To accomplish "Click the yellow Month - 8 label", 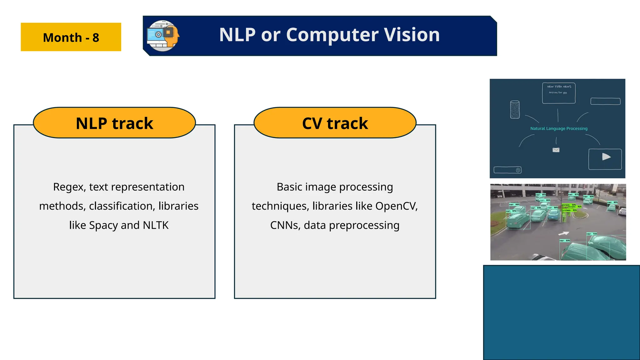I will coord(71,37).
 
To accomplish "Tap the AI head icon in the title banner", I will coord(163,36).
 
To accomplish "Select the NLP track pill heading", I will coord(114,123).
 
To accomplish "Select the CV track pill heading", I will coord(335,123).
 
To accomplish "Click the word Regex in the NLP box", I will coord(69,187).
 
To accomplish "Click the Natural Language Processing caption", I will coord(559,128).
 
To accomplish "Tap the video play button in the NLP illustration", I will coord(606,157).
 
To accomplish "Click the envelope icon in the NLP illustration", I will coord(556,150).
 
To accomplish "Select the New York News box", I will coord(559,93).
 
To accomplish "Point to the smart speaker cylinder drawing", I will coord(515,109).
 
